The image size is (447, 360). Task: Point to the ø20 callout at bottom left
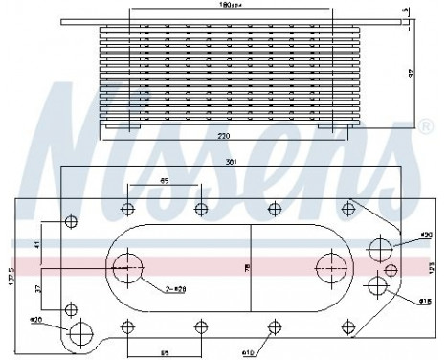click(35, 320)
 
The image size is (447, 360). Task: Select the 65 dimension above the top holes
click(164, 180)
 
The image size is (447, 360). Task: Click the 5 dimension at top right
click(433, 11)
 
